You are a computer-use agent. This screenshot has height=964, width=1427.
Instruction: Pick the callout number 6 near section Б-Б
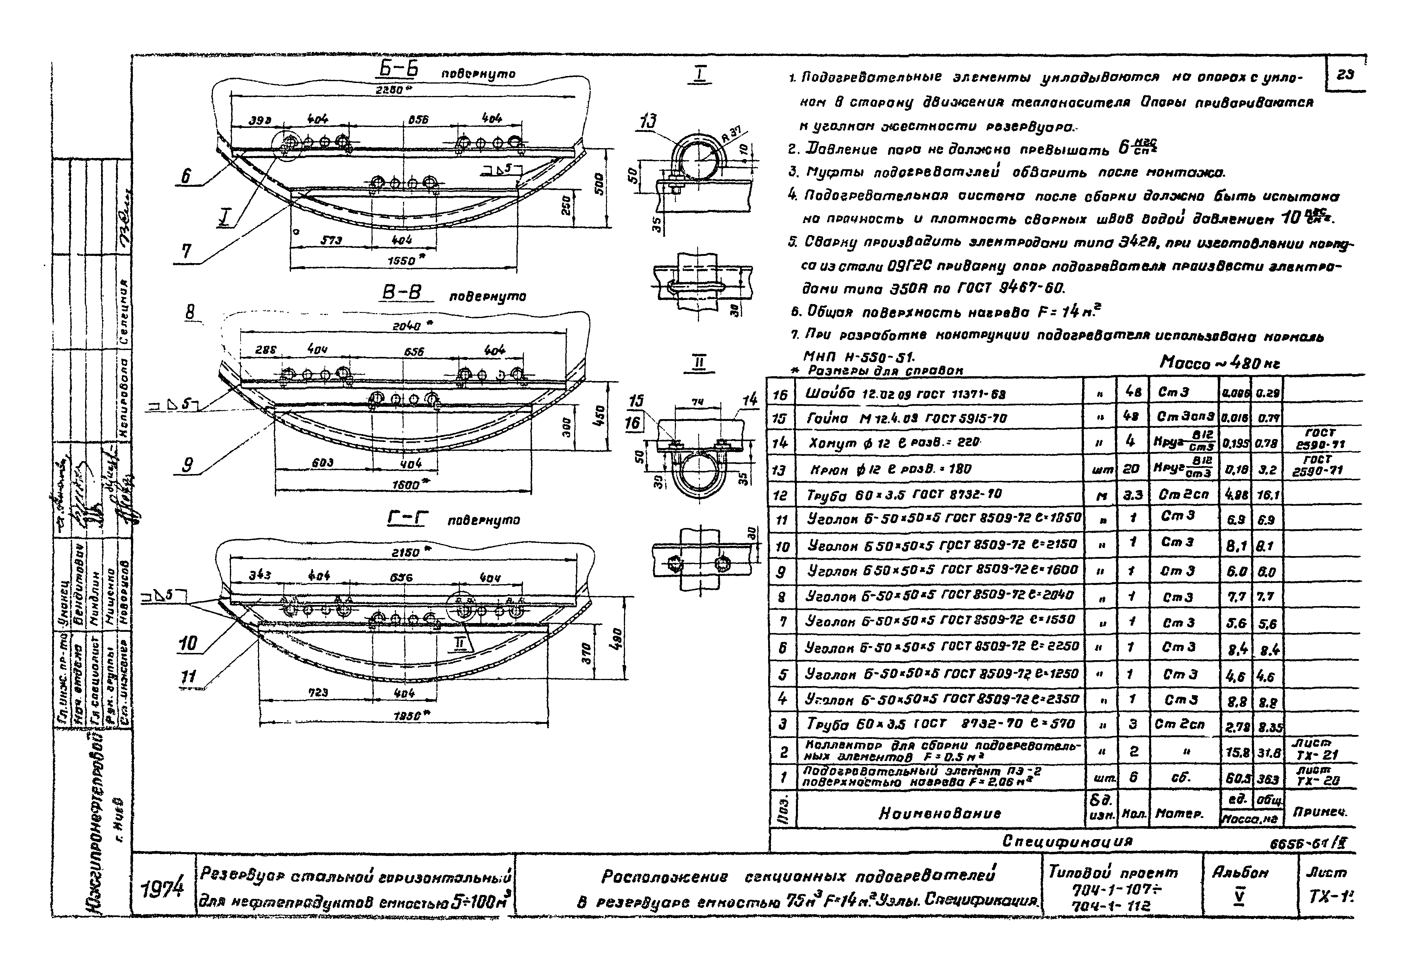[x=185, y=177]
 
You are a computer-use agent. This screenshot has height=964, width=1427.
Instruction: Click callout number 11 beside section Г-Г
[x=188, y=677]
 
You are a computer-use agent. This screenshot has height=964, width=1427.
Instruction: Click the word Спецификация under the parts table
[x=1067, y=841]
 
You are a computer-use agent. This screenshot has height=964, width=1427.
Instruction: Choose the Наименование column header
[x=940, y=813]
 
